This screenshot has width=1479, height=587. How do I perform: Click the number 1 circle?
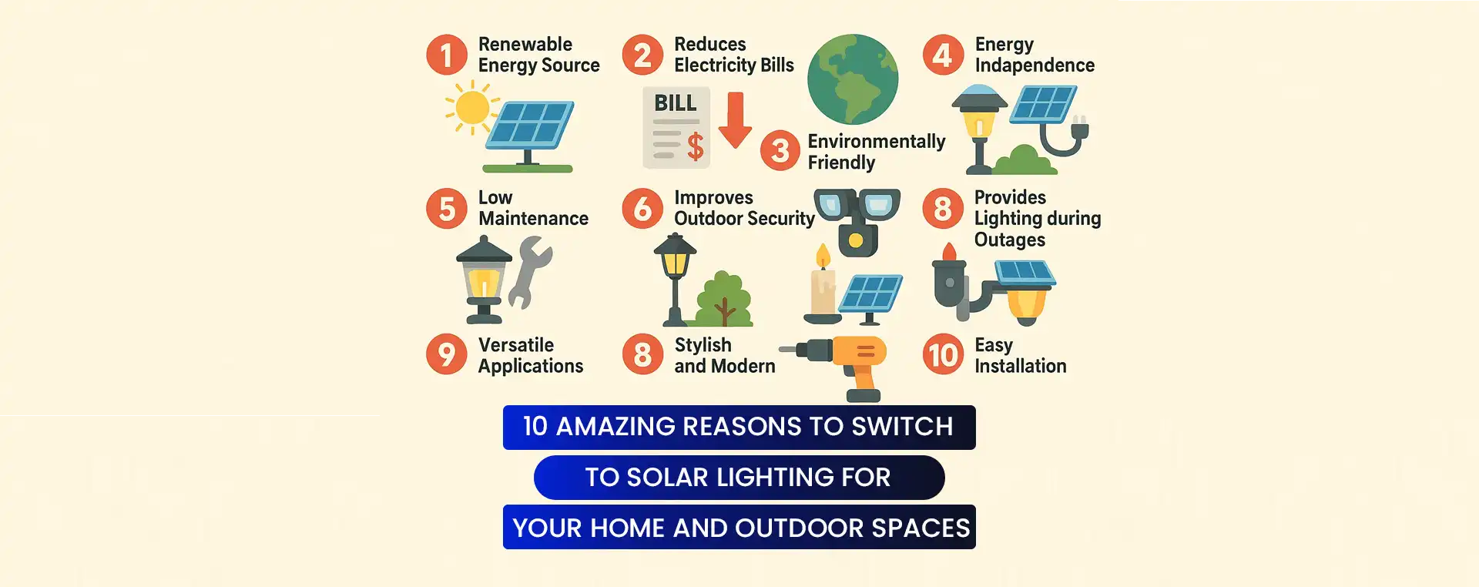(447, 55)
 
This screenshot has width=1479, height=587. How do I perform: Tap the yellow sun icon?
(471, 108)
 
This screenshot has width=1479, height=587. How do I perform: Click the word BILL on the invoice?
(675, 102)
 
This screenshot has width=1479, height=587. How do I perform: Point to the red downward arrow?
(736, 119)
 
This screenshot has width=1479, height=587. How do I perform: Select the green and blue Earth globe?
(853, 79)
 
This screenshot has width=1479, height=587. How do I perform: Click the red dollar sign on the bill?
(695, 146)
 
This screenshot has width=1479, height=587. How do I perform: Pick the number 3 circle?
(780, 150)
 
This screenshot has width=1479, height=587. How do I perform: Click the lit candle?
(823, 283)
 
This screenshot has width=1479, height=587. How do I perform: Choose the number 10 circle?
(943, 354)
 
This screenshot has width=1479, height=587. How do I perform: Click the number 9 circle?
(447, 354)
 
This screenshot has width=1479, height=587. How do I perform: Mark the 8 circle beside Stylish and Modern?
(642, 354)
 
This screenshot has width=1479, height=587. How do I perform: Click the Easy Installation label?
(1020, 355)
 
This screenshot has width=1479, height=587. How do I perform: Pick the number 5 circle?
(447, 209)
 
